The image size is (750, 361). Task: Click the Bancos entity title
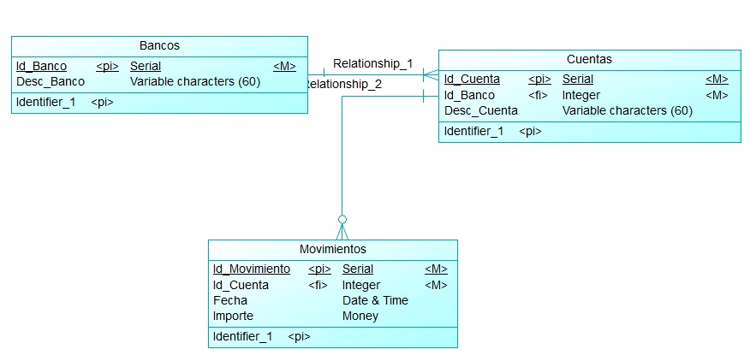159,45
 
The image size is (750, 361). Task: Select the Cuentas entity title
589,59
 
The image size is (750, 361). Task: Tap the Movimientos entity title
332,249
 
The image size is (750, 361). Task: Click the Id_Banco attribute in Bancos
41,66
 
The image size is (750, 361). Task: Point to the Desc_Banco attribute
51,81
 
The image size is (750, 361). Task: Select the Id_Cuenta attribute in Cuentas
472,80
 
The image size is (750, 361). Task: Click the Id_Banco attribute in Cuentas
469,95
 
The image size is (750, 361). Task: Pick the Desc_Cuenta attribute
480,110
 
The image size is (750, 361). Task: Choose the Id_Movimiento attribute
251,269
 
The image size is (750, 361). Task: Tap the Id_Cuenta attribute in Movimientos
241,285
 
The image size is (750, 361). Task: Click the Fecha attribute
229,300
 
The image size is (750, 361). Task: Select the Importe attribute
233,316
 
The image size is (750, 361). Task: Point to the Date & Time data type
375,300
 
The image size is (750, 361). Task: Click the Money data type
360,316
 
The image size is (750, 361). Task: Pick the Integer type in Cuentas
580,95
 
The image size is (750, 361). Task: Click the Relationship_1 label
372,63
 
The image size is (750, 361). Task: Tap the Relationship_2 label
344,84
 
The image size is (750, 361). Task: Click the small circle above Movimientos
342,219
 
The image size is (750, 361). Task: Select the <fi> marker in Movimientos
318,285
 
